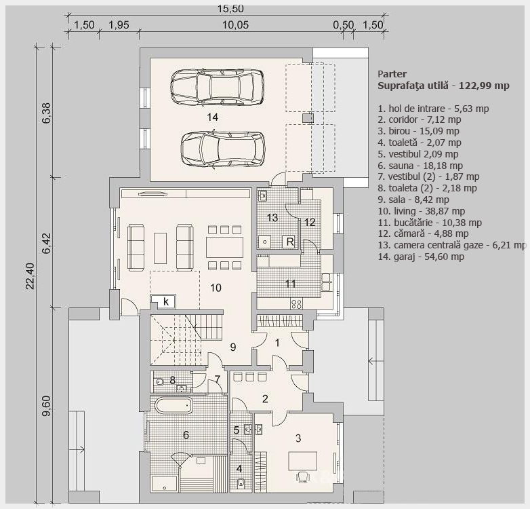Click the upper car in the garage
coord(218,87)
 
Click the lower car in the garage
coord(223,149)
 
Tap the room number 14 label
coord(213,117)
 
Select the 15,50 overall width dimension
coord(230,8)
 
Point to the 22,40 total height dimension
coord(30,276)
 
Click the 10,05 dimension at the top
coord(236,24)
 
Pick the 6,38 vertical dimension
coord(46,113)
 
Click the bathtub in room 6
coord(174,405)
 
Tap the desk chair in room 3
coord(303,476)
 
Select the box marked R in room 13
coord(290,242)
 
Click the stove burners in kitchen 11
coord(296,304)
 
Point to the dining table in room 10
coord(225,248)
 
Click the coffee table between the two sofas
coord(160,248)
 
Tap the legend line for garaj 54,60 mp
coord(421,257)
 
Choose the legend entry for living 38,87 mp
coord(422,211)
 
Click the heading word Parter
coord(392,74)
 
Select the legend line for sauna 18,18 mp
coord(420,166)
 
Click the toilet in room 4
coord(241,483)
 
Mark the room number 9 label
coord(233,347)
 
